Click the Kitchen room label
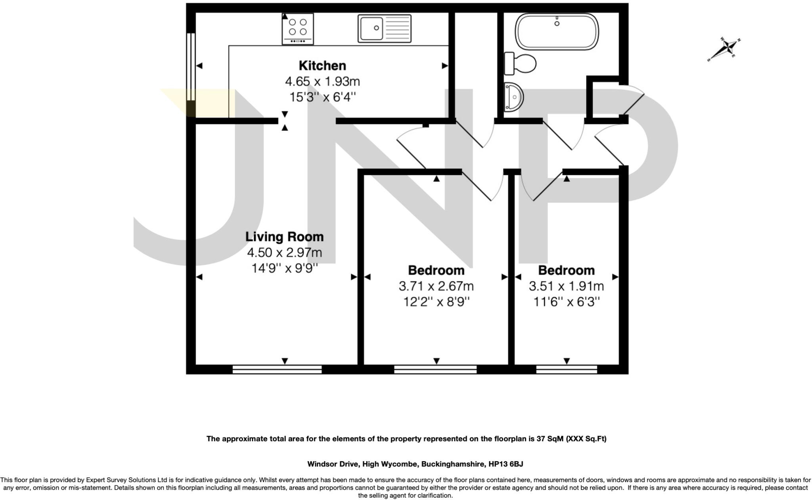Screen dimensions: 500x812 322,65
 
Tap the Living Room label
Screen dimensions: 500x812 284,237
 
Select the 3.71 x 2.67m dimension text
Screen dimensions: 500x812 436,286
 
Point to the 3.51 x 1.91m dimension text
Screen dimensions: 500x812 566,286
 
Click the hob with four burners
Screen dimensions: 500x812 297,29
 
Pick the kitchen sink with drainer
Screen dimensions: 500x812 384,28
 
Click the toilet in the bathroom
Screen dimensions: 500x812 520,63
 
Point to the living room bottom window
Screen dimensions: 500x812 277,369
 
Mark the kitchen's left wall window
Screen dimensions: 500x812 191,67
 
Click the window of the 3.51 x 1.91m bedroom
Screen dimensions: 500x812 566,369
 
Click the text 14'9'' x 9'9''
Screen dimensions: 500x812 284,268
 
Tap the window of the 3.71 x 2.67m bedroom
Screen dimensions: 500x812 435,369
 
